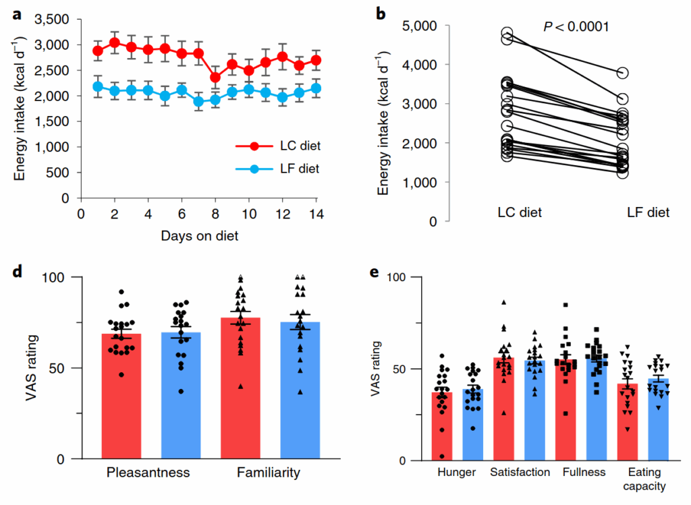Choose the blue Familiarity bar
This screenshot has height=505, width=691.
(x=301, y=391)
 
